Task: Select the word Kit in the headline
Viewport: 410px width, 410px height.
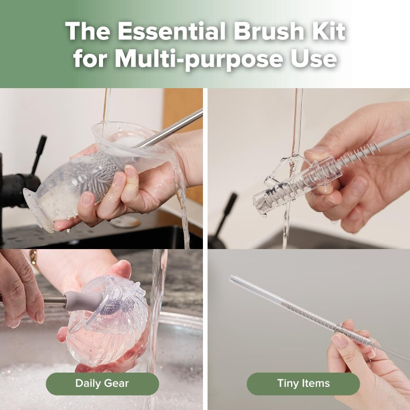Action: click(x=328, y=32)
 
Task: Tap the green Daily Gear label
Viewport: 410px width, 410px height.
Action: click(x=102, y=383)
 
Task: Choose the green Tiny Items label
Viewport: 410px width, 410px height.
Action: click(x=303, y=383)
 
